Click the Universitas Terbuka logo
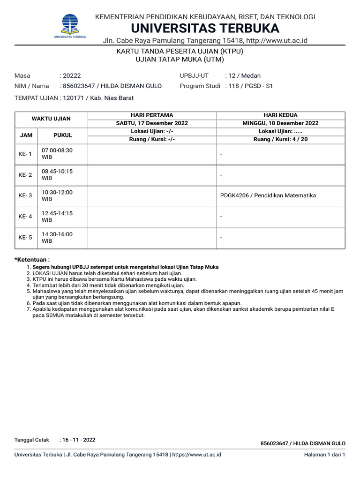[69, 26]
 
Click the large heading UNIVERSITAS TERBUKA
[205, 28]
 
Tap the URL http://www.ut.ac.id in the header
[274, 41]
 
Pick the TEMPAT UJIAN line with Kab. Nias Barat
[74, 98]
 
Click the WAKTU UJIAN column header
[51, 119]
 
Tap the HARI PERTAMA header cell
[152, 115]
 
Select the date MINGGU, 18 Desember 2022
[281, 123]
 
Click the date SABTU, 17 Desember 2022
[152, 123]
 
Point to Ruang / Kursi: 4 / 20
[281, 139]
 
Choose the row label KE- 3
[25, 195]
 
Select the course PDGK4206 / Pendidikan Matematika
[268, 195]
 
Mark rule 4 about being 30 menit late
[105, 285]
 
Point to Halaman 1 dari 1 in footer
[324, 455]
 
